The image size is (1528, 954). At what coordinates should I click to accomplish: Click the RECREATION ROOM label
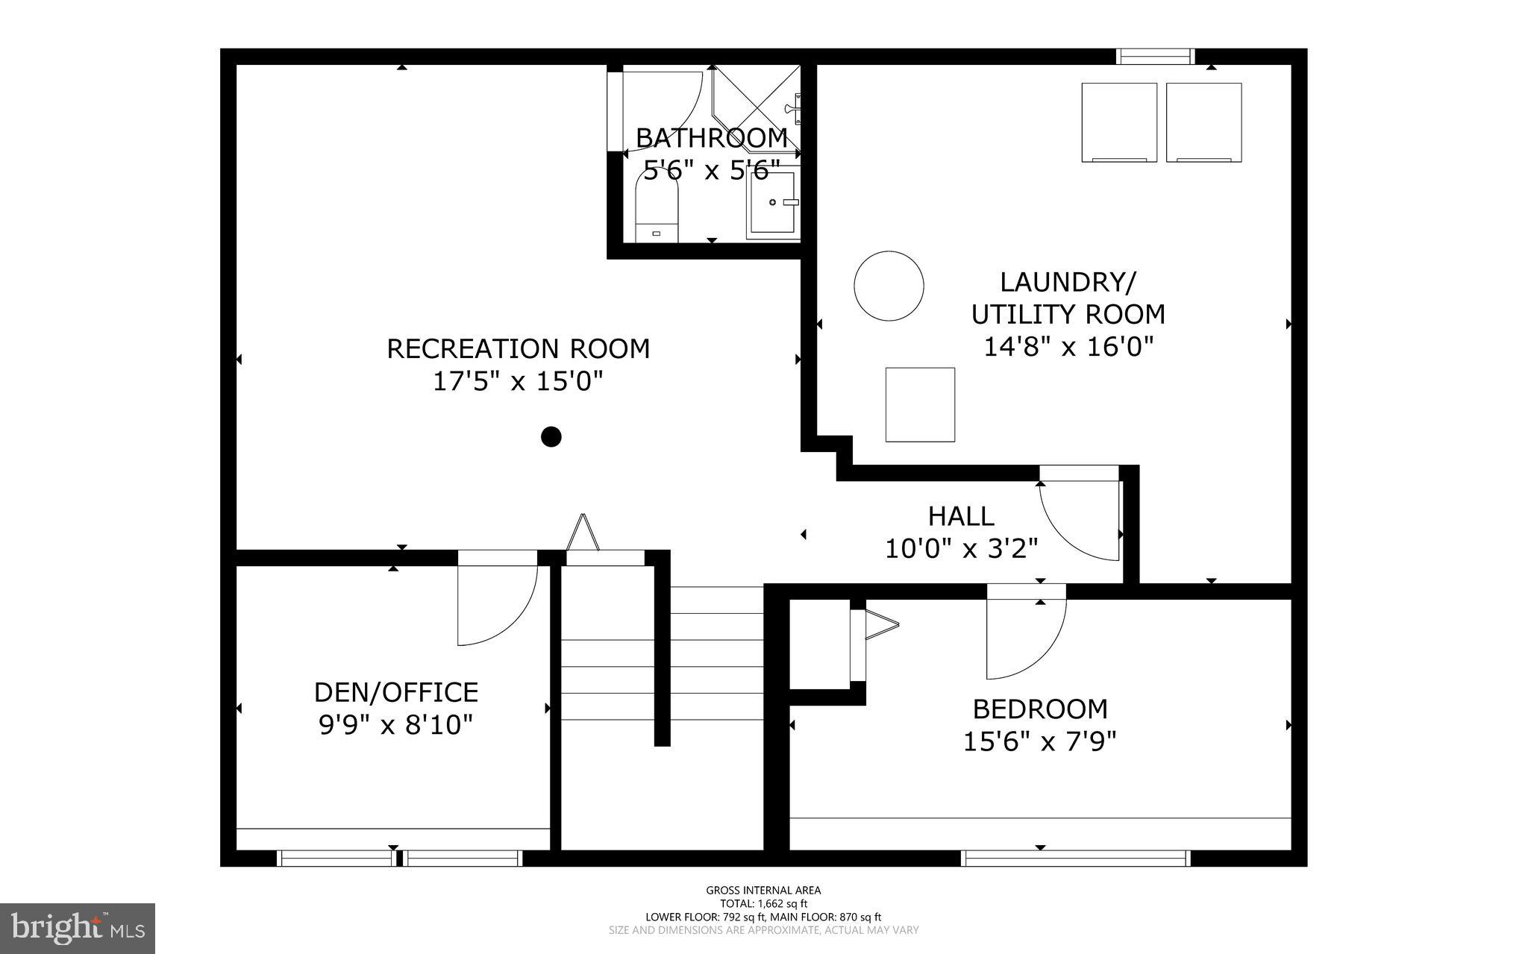[x=518, y=349]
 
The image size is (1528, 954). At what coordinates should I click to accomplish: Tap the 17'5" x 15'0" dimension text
[x=518, y=382]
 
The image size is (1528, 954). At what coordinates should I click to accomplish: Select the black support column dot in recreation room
[x=551, y=436]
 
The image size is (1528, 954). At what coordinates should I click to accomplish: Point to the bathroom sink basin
[x=771, y=202]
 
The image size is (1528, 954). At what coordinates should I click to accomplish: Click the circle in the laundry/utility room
[x=889, y=286]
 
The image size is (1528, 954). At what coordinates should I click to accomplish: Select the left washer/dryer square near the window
[x=1119, y=122]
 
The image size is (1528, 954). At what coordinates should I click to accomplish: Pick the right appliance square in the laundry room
[x=1203, y=122]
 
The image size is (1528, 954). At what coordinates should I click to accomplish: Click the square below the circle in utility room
[x=920, y=404]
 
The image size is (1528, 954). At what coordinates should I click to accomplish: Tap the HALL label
[x=961, y=516]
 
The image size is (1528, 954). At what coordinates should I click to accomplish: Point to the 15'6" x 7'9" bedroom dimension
[x=1039, y=742]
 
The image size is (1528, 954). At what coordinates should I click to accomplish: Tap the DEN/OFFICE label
[x=395, y=692]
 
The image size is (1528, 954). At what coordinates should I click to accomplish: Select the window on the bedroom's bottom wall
[x=1075, y=859]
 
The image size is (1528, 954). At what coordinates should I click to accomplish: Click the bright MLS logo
[x=78, y=928]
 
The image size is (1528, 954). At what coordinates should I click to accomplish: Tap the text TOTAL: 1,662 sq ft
[x=763, y=903]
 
